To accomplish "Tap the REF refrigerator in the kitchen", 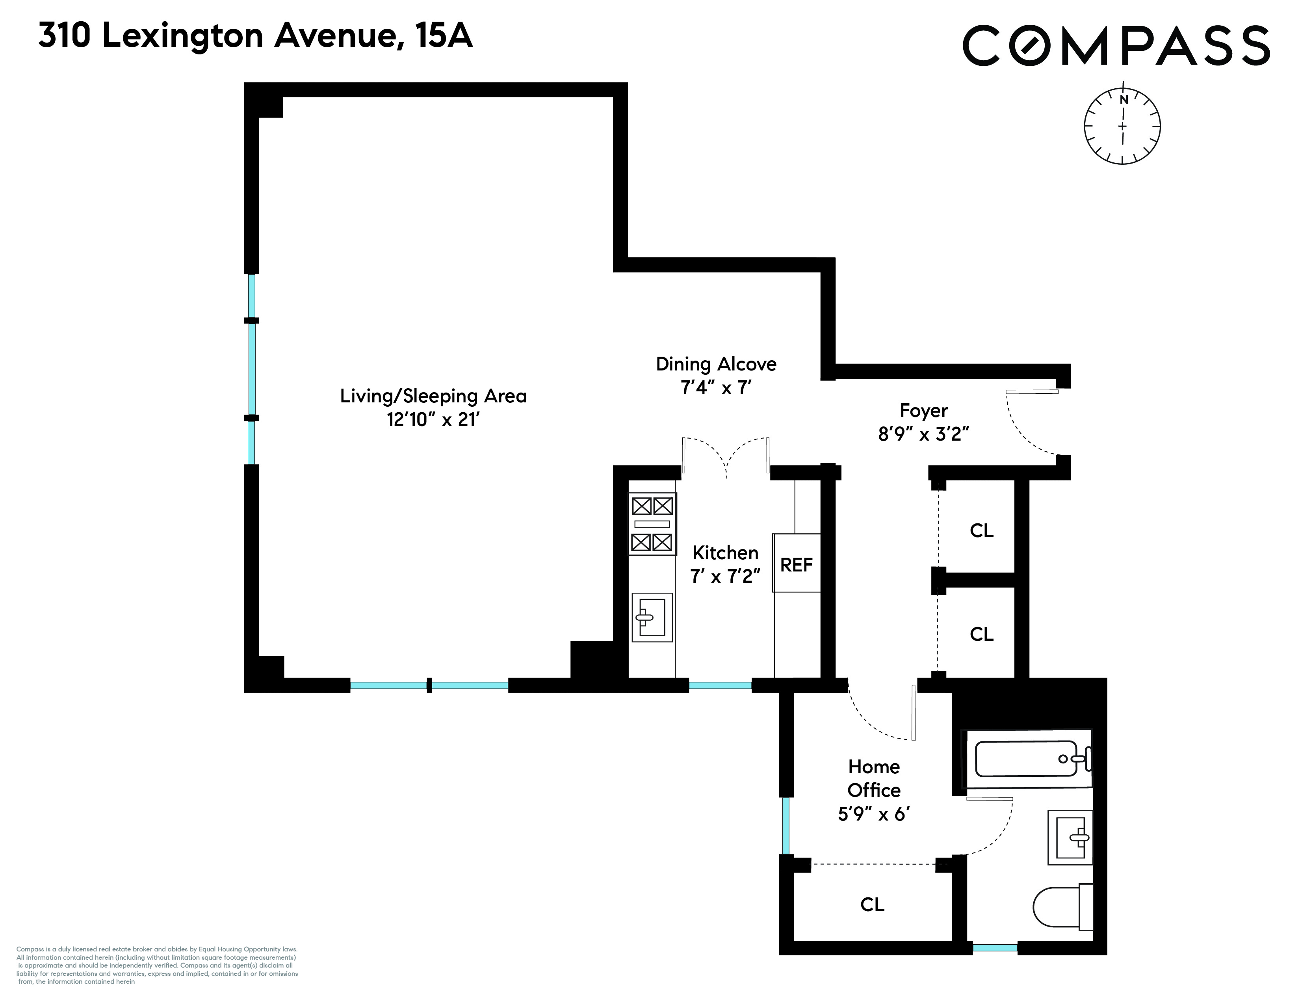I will [x=797, y=564].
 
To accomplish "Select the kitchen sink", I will [x=652, y=617].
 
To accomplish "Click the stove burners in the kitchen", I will [x=652, y=524].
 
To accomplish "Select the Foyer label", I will [x=923, y=411].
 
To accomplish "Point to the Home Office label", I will [x=874, y=778].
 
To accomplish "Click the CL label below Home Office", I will [x=872, y=905].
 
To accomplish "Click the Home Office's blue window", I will [x=786, y=825].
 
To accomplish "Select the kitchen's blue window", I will [x=720, y=685].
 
